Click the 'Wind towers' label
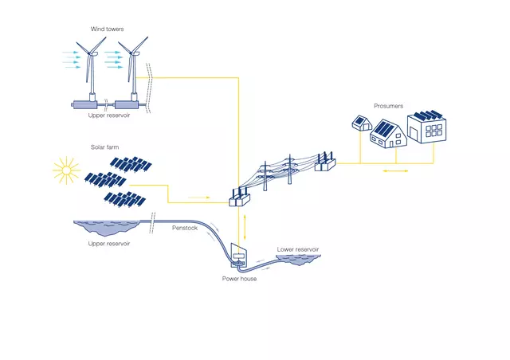pos(107,29)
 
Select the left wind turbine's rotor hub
pos(89,53)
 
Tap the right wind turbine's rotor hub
pos(131,53)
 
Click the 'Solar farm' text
pos(104,147)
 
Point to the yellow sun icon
pos(66,170)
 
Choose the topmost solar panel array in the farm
pos(131,164)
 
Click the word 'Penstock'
pos(185,228)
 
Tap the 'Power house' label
pos(239,279)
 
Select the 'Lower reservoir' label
pos(298,249)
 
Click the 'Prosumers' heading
pos(388,106)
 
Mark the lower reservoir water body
pos(298,260)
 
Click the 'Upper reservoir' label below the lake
pos(109,244)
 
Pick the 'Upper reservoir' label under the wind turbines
pos(109,115)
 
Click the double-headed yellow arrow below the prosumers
pos(395,170)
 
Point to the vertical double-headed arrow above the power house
pos(245,227)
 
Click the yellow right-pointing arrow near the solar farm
pos(199,198)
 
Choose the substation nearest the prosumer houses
pos(325,162)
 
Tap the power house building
pos(239,256)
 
